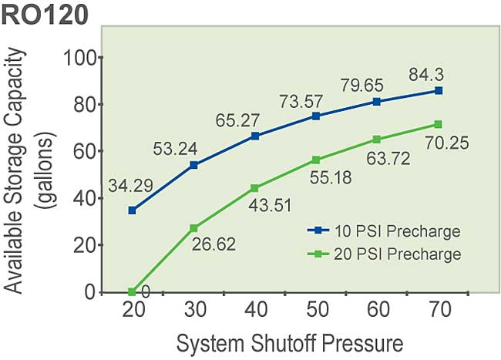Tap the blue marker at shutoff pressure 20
[133, 210]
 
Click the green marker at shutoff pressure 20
[133, 292]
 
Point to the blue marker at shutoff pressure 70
[438, 90]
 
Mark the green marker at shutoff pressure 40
[255, 188]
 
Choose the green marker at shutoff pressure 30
[194, 228]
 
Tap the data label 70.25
[445, 143]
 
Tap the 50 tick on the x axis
[316, 308]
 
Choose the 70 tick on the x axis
[439, 308]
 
